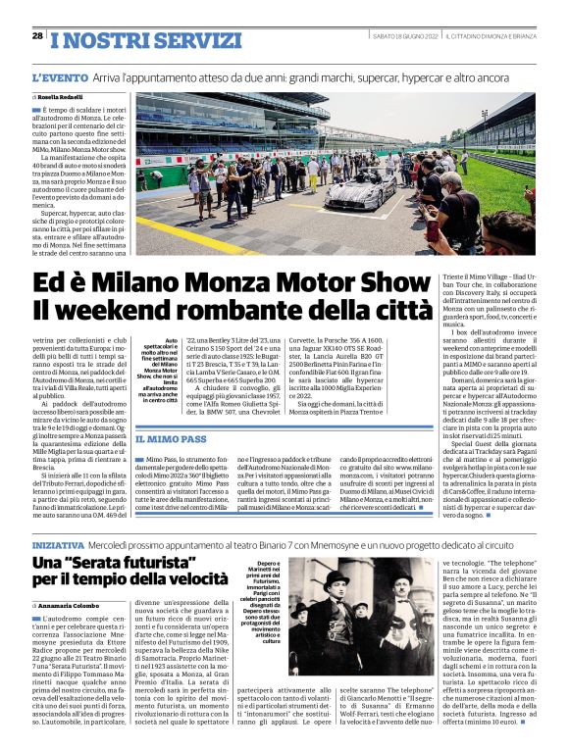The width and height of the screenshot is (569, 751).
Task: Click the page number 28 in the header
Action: [x=36, y=35]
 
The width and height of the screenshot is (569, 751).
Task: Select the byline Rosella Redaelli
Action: [x=65, y=99]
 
